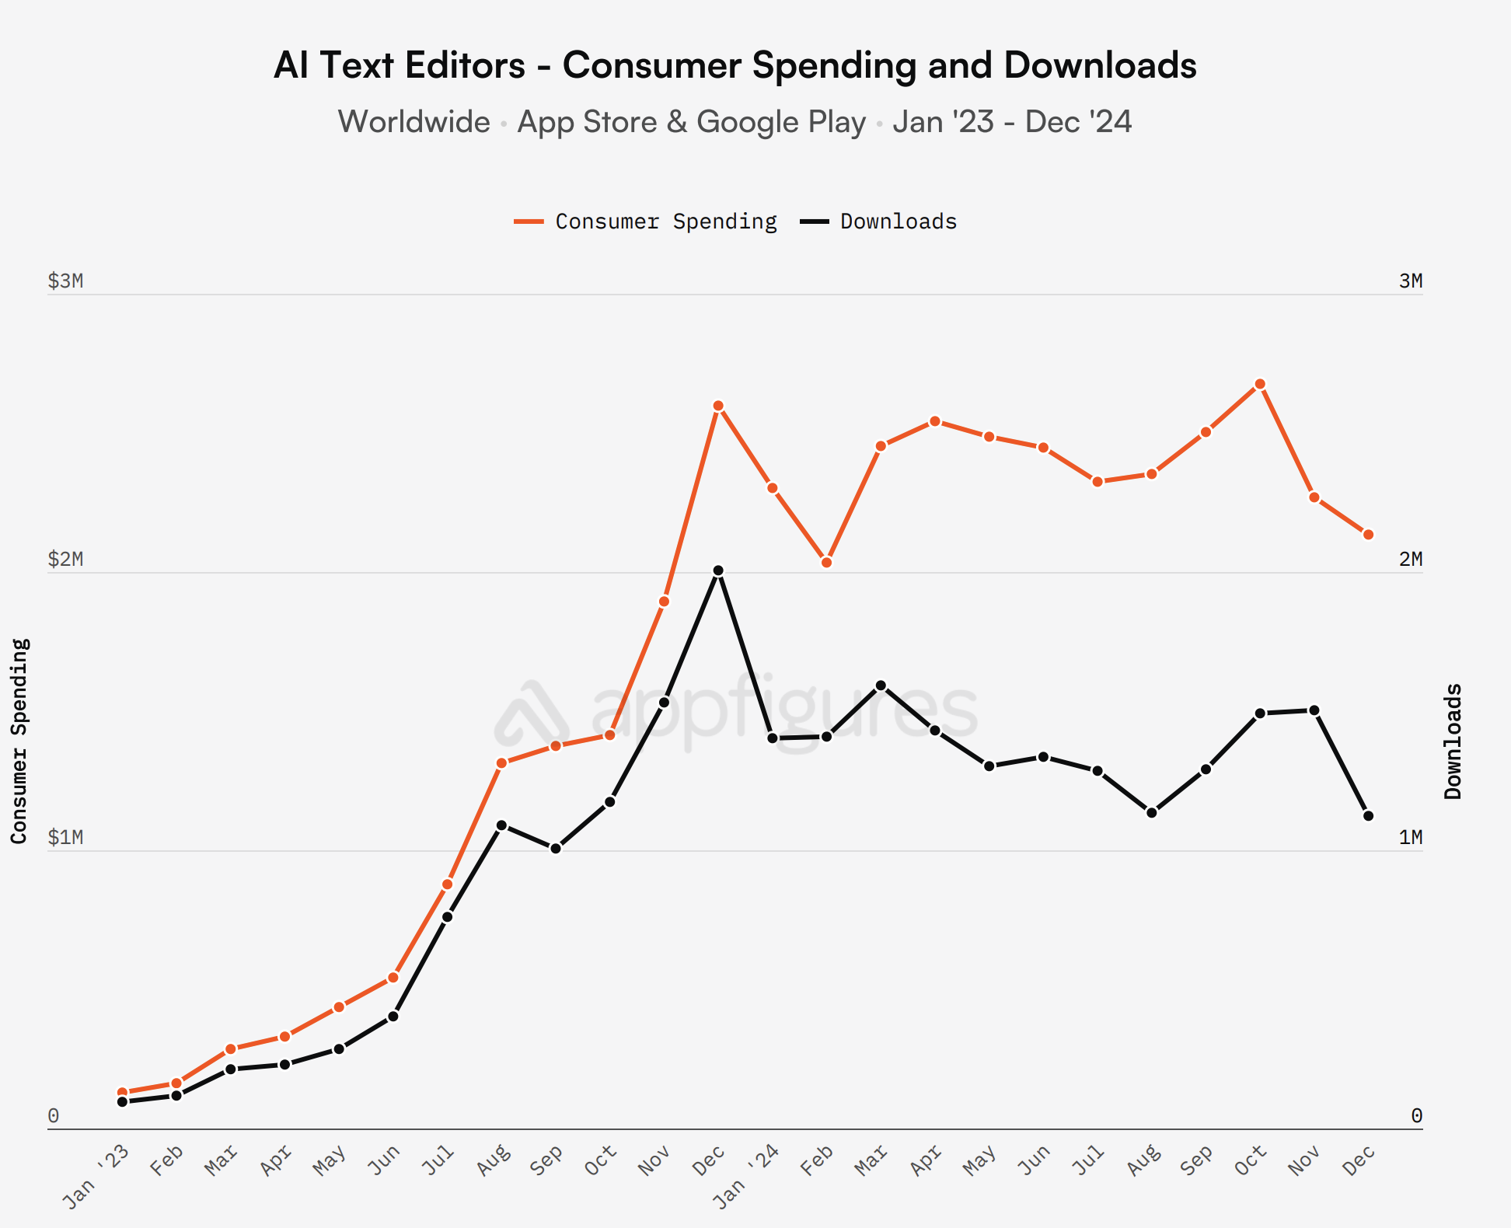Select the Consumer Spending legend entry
pos(645,222)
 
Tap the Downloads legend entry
pos(879,222)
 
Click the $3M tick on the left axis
pos(65,281)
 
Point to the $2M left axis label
pos(65,560)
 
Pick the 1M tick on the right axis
pos(1410,838)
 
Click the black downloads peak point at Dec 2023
pos(718,570)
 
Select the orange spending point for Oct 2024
pos(1260,384)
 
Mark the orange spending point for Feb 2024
pos(826,562)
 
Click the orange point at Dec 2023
pos(718,406)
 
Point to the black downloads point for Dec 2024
pos(1368,816)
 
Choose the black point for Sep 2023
pos(556,849)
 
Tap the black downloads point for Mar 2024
pos(881,686)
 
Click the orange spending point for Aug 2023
pos(501,763)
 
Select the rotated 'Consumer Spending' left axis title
pos(19,741)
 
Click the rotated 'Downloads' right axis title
pos(1453,741)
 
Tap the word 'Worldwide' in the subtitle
pos(414,122)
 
